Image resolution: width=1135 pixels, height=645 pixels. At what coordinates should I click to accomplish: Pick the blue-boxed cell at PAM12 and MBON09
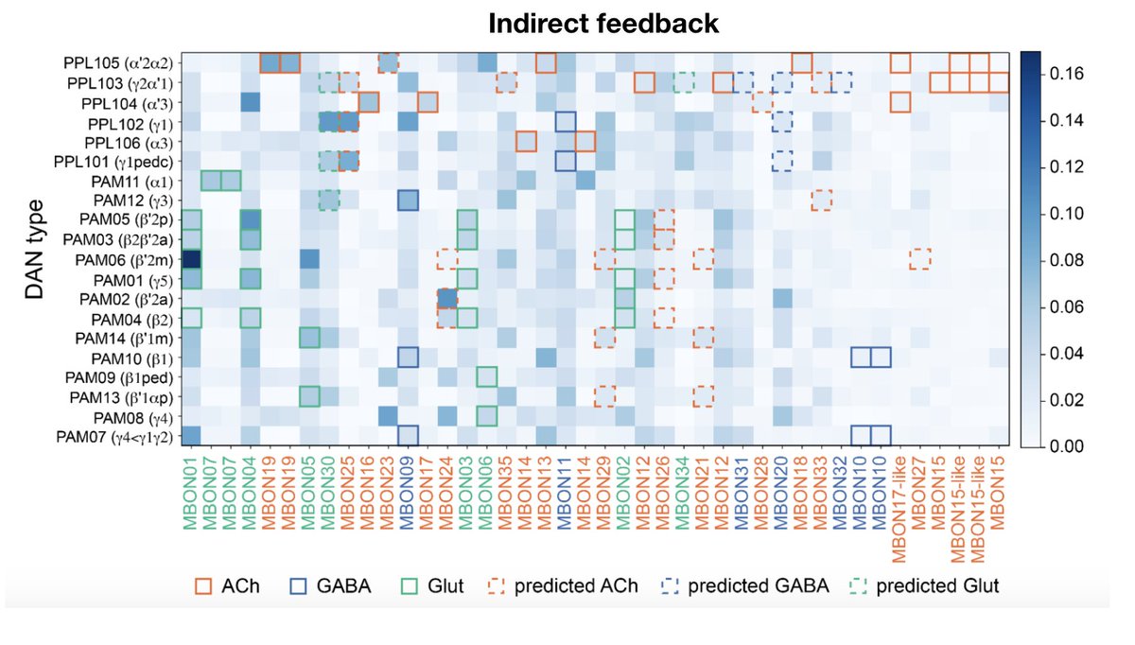(408, 200)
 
